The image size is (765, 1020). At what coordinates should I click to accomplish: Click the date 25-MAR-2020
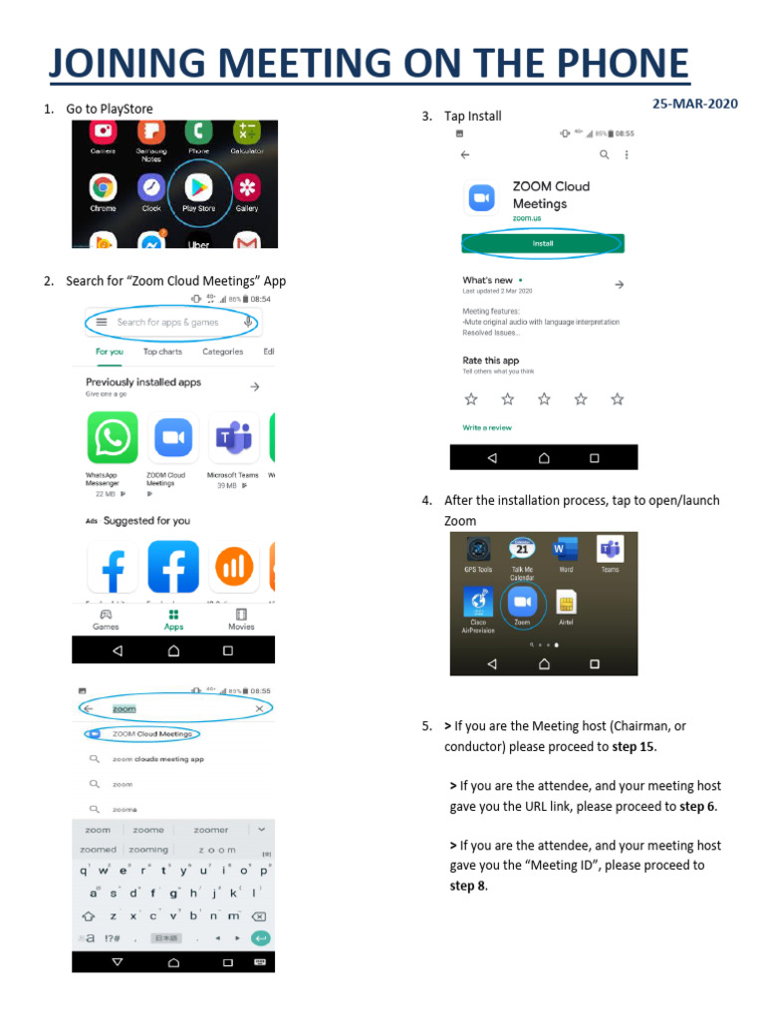point(695,104)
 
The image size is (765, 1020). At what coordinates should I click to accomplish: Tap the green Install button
point(543,243)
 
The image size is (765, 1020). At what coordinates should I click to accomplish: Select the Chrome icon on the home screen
point(103,187)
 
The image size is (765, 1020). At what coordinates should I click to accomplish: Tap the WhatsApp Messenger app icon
point(112,437)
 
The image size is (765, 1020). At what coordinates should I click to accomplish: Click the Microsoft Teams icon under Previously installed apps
point(234,437)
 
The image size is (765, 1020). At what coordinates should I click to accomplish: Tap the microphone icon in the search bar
point(246,322)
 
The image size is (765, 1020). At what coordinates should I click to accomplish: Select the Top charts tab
point(162,352)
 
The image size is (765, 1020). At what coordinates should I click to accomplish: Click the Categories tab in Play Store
point(222,352)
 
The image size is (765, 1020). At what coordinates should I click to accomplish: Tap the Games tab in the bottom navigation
point(106,620)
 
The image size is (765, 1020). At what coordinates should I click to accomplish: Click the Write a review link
point(487,427)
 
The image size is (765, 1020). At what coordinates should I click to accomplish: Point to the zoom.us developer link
point(528,218)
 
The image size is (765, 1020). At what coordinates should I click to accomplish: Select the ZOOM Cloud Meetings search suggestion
point(151,734)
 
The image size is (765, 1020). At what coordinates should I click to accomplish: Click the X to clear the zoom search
point(259,708)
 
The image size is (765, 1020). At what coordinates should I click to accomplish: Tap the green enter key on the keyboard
point(261,937)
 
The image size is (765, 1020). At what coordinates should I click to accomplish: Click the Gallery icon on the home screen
point(247,187)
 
